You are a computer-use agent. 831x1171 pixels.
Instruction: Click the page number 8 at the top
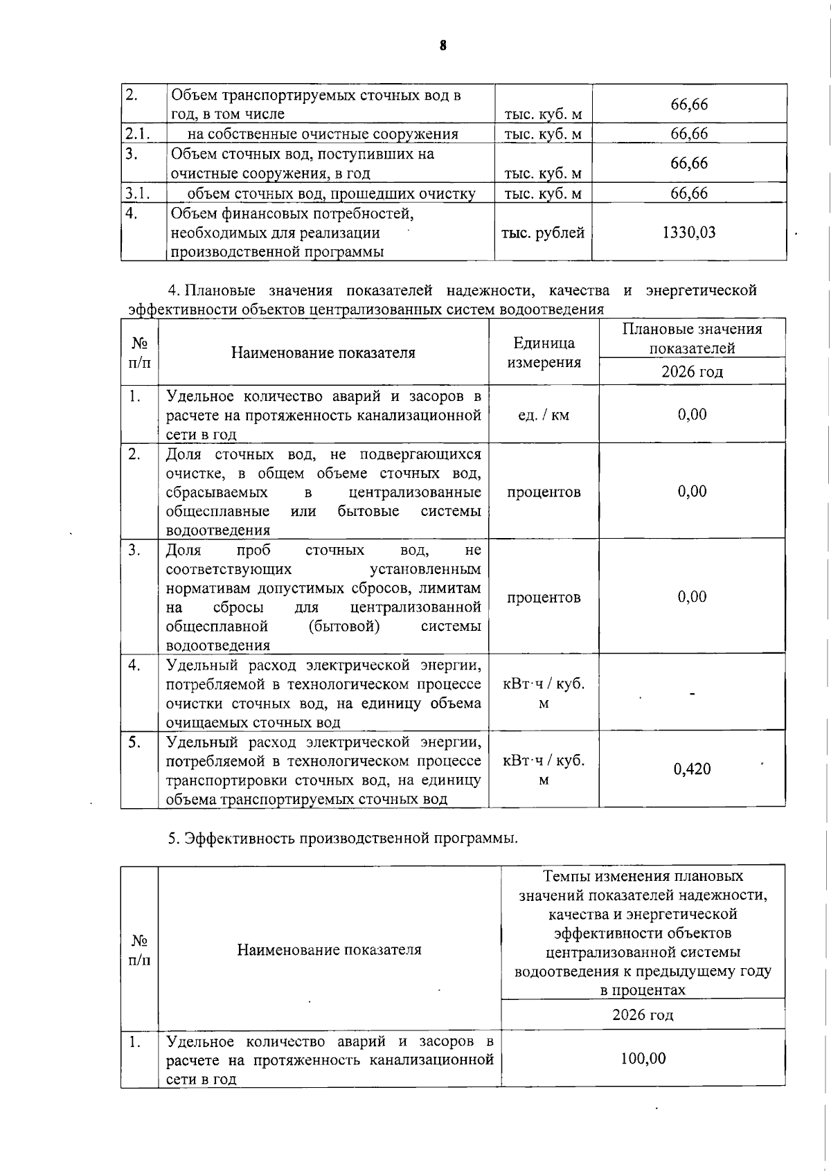[x=443, y=46]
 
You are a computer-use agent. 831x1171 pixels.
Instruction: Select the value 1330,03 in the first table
[x=688, y=233]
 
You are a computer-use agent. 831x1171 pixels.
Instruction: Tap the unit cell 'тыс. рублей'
[x=543, y=233]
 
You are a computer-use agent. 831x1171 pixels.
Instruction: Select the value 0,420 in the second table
[x=692, y=769]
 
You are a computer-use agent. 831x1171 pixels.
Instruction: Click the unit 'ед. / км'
[x=544, y=415]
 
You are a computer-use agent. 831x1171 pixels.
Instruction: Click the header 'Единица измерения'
[x=544, y=352]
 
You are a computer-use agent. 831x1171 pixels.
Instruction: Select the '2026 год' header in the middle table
[x=692, y=372]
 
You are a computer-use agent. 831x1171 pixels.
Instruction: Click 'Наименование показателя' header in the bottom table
[x=329, y=949]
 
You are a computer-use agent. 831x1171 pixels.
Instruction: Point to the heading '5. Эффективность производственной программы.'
[x=343, y=839]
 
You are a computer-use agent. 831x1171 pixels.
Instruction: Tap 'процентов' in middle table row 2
[x=544, y=492]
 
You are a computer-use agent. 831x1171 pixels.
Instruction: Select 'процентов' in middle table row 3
[x=544, y=598]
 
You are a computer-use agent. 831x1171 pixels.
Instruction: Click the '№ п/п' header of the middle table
[x=140, y=352]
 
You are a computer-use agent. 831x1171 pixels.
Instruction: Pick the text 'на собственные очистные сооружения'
[x=323, y=134]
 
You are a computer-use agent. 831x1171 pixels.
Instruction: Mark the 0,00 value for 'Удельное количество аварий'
[x=692, y=415]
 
